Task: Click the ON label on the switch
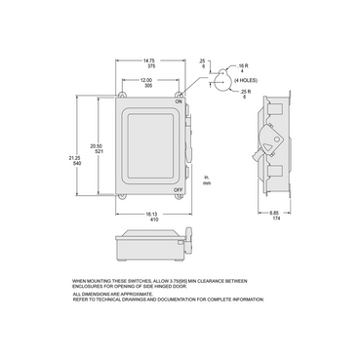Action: point(179,101)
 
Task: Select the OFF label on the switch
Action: point(180,189)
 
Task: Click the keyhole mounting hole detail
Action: point(222,84)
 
